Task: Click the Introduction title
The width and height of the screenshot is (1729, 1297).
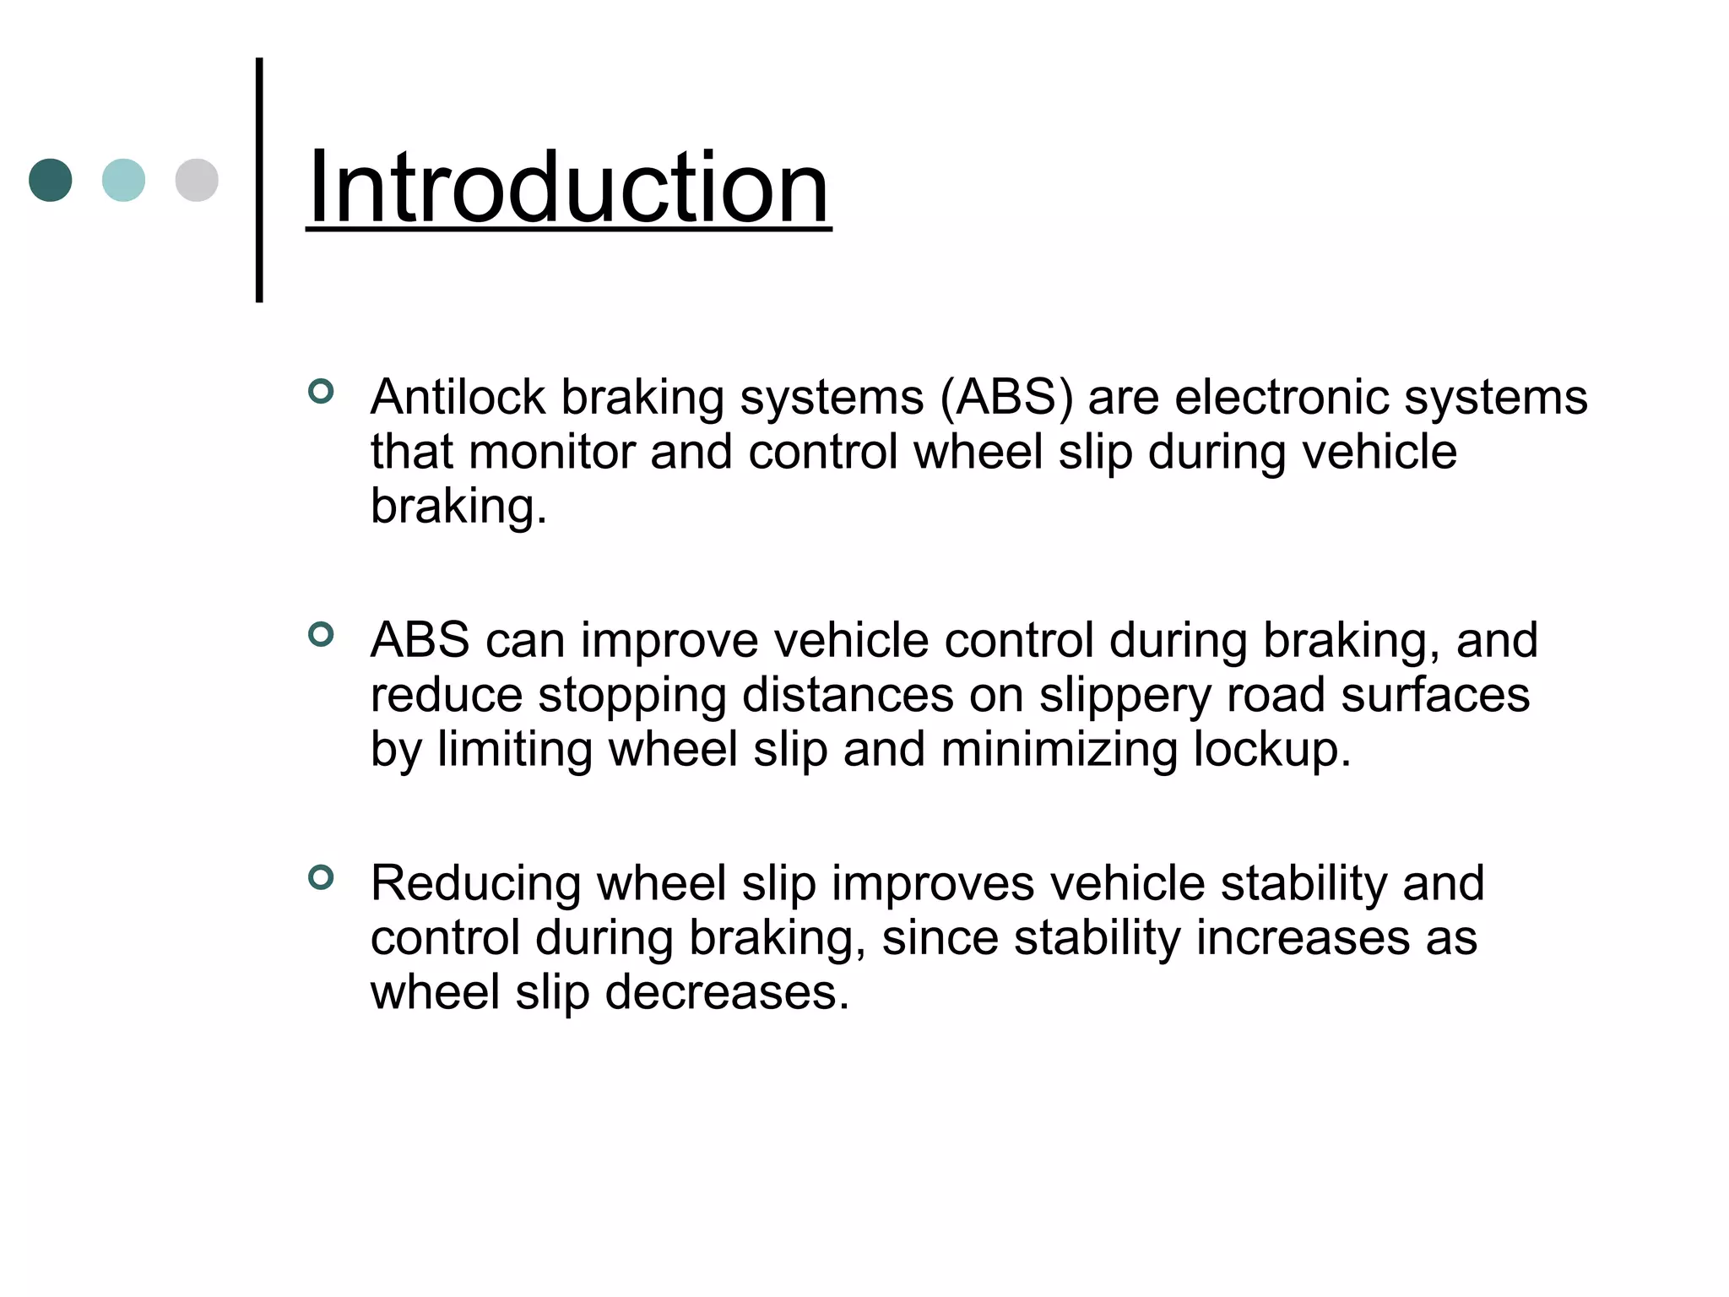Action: click(568, 187)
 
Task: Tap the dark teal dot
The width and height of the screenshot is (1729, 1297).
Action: click(51, 180)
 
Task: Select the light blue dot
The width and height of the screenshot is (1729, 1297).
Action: click(123, 180)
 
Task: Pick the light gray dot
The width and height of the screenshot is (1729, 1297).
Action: click(197, 180)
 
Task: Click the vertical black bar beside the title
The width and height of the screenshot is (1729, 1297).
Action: click(259, 180)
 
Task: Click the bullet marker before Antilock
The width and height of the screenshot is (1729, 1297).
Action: click(321, 392)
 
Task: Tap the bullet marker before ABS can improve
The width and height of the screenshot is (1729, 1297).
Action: click(321, 634)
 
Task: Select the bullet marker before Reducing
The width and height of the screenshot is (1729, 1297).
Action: click(321, 877)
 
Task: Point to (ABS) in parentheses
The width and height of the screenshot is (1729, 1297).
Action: click(1006, 397)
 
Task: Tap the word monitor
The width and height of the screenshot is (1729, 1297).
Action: click(551, 451)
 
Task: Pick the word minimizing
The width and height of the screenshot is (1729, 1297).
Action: click(1059, 749)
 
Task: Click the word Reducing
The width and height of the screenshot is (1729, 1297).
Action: click(476, 884)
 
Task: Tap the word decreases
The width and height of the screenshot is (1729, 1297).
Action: click(727, 992)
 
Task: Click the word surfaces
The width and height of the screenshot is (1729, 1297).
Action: click(1435, 695)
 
